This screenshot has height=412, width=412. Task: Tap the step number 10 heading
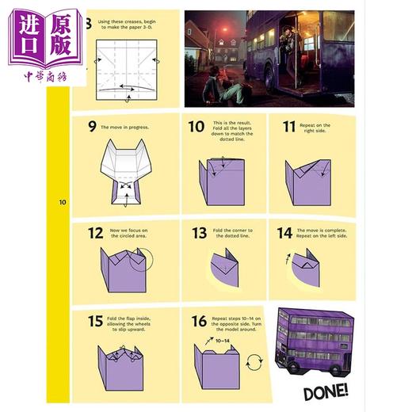(x=196, y=126)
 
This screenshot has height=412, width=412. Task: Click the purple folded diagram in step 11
(x=307, y=179)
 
